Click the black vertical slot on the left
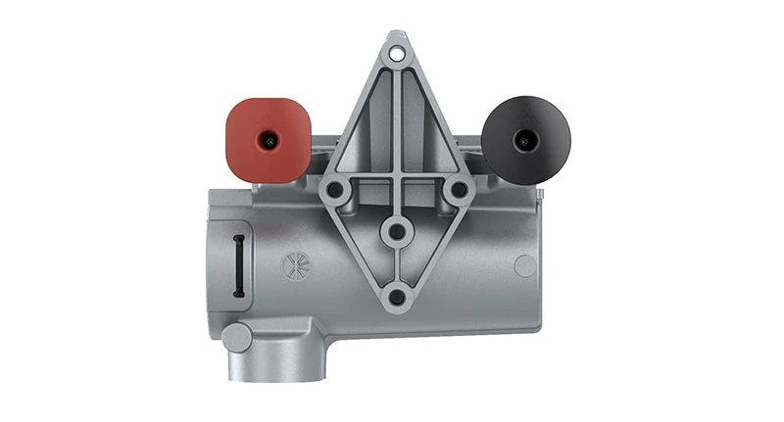[238, 264]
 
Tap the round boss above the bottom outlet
[236, 337]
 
